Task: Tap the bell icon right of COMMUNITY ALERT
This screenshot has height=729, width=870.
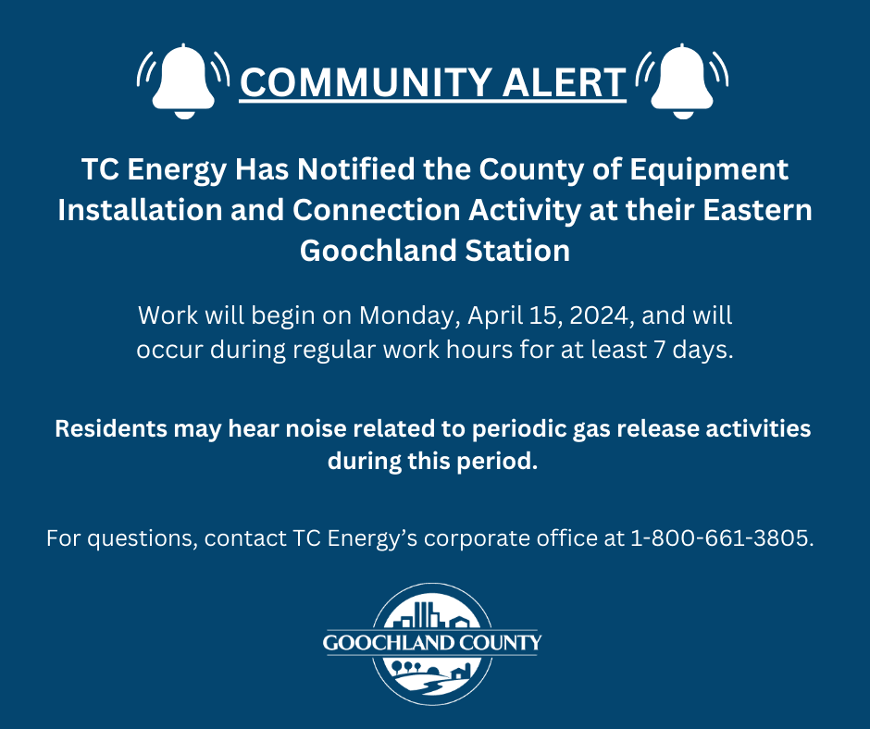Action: click(x=685, y=81)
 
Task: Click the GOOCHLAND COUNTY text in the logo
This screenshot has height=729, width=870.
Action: click(x=432, y=643)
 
